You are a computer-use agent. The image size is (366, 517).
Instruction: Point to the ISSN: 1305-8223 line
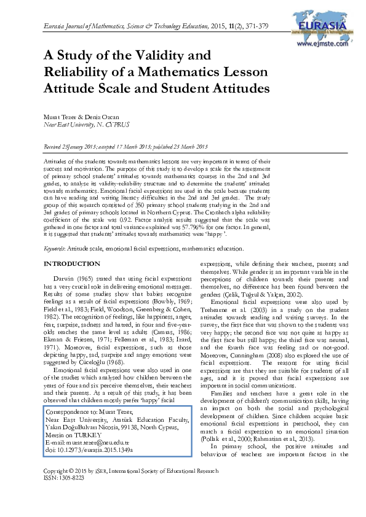pos(62,494)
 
